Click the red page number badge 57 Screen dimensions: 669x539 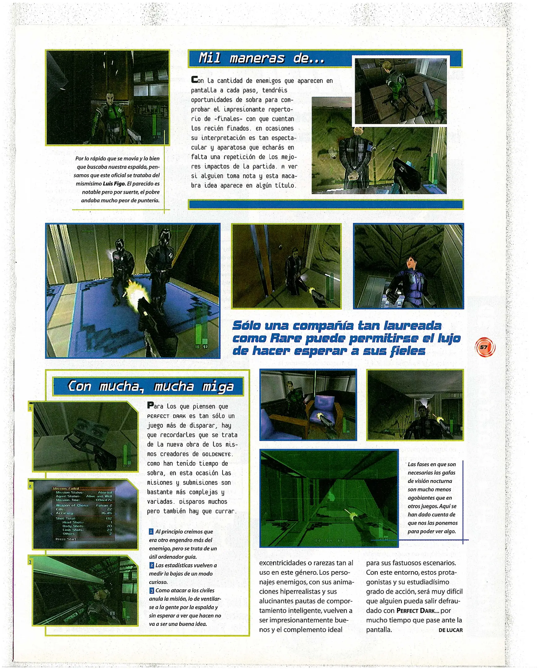point(485,347)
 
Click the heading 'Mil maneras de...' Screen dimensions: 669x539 point(261,58)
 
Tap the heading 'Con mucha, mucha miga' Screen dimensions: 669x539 point(150,386)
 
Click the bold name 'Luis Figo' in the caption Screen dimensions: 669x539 point(114,184)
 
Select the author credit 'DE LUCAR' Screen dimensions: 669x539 point(450,630)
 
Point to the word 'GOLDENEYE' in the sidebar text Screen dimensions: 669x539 point(216,454)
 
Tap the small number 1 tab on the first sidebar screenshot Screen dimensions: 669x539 point(30,408)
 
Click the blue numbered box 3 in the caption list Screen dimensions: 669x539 point(151,590)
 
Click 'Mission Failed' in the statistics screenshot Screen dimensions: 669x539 point(66,488)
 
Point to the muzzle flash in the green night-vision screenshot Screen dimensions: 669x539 point(353,516)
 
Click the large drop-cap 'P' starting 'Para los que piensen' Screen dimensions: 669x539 point(150,405)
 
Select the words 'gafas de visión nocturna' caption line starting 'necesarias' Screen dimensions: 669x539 point(431,472)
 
